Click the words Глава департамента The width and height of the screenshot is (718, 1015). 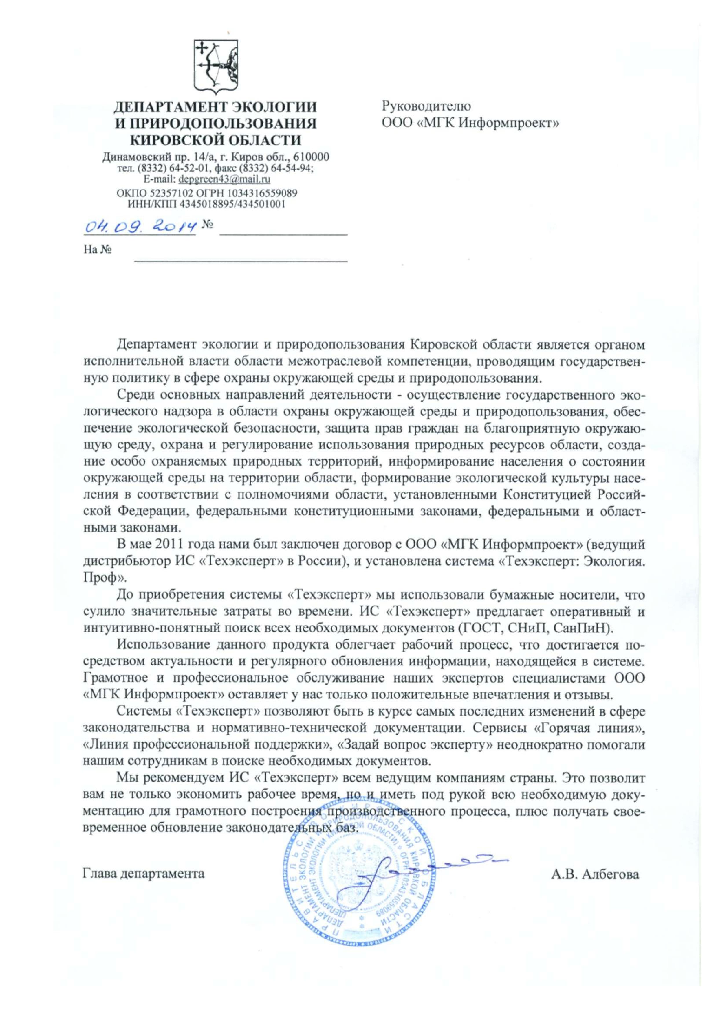144,873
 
